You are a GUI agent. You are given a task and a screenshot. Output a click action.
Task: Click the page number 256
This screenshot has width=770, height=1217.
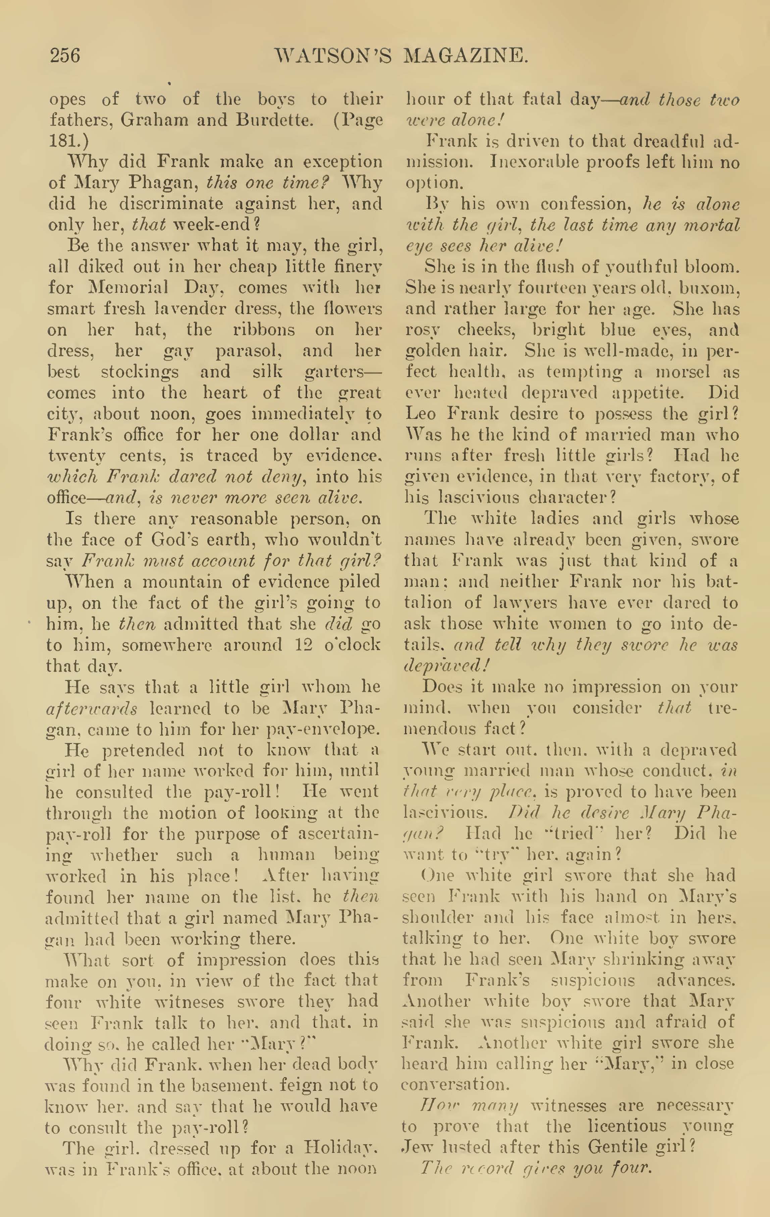(65, 55)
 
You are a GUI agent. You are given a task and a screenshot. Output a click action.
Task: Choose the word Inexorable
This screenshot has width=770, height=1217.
(542, 162)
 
